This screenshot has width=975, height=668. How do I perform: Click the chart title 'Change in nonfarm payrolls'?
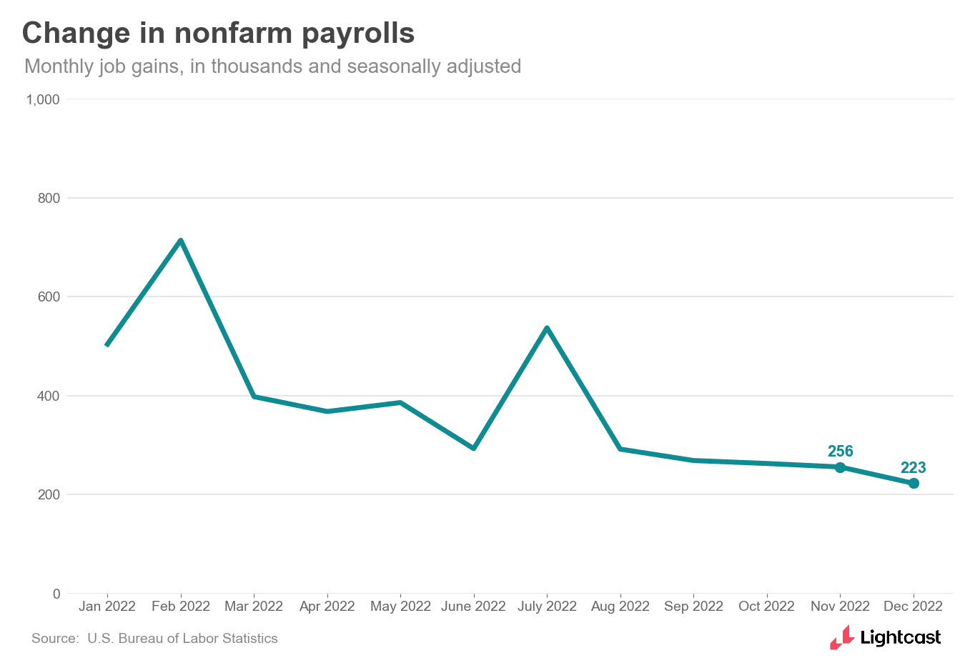point(218,34)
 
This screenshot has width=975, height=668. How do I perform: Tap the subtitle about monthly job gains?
point(272,66)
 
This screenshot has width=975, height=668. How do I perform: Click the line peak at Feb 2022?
point(181,241)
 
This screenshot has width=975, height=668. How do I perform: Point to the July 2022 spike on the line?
point(547,328)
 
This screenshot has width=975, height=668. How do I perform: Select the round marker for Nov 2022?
point(840,467)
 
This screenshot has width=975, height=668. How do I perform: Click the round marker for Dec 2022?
point(914,484)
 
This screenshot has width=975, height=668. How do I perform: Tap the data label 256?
point(840,451)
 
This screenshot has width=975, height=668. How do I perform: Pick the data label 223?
point(913,467)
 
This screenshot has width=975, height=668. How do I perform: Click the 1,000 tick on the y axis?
point(43,99)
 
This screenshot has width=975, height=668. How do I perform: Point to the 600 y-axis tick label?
point(49,296)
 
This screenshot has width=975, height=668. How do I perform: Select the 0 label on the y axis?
point(56,594)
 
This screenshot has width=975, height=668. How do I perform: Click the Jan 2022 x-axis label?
point(107,607)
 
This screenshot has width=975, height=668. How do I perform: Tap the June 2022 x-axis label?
point(473,607)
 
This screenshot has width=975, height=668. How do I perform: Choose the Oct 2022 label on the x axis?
point(766,607)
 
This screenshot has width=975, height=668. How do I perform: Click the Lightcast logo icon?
point(842,637)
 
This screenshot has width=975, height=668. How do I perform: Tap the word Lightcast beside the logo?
point(901,637)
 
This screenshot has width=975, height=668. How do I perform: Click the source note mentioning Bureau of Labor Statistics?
point(154,639)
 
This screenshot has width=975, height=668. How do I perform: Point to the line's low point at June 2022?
point(473,448)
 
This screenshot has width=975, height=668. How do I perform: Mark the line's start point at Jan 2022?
point(107,345)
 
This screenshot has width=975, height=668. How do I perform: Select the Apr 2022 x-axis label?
point(327,607)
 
